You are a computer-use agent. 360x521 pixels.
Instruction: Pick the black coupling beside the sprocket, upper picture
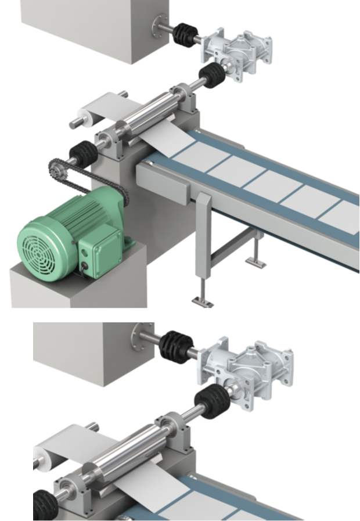click(83, 153)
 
